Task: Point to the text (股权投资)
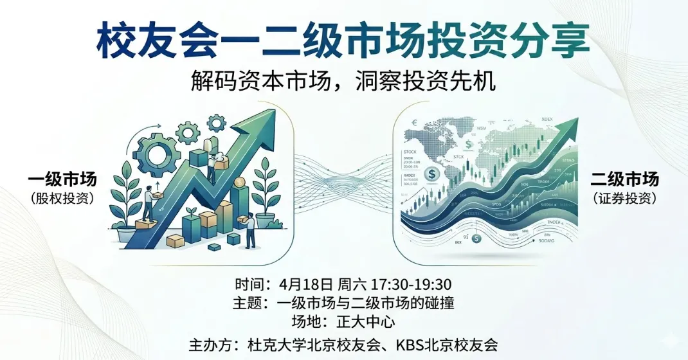62,199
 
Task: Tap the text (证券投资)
625,199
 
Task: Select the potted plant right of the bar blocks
265,193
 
